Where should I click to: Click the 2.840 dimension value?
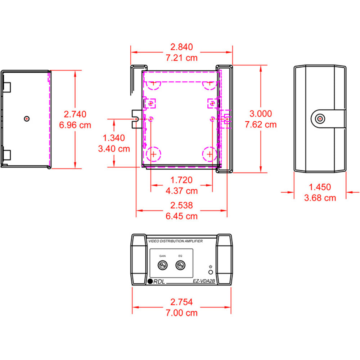[x=181, y=47]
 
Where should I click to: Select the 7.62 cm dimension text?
[x=261, y=125]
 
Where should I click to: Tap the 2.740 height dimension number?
[x=75, y=114]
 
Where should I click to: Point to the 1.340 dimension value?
[x=114, y=138]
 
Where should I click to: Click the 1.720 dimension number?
[x=181, y=180]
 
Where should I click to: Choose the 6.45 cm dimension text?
[x=181, y=216]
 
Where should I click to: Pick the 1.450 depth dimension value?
[x=320, y=187]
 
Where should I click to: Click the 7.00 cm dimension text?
[x=181, y=313]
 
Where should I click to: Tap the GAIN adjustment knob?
[x=163, y=265]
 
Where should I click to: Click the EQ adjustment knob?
[x=180, y=265]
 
